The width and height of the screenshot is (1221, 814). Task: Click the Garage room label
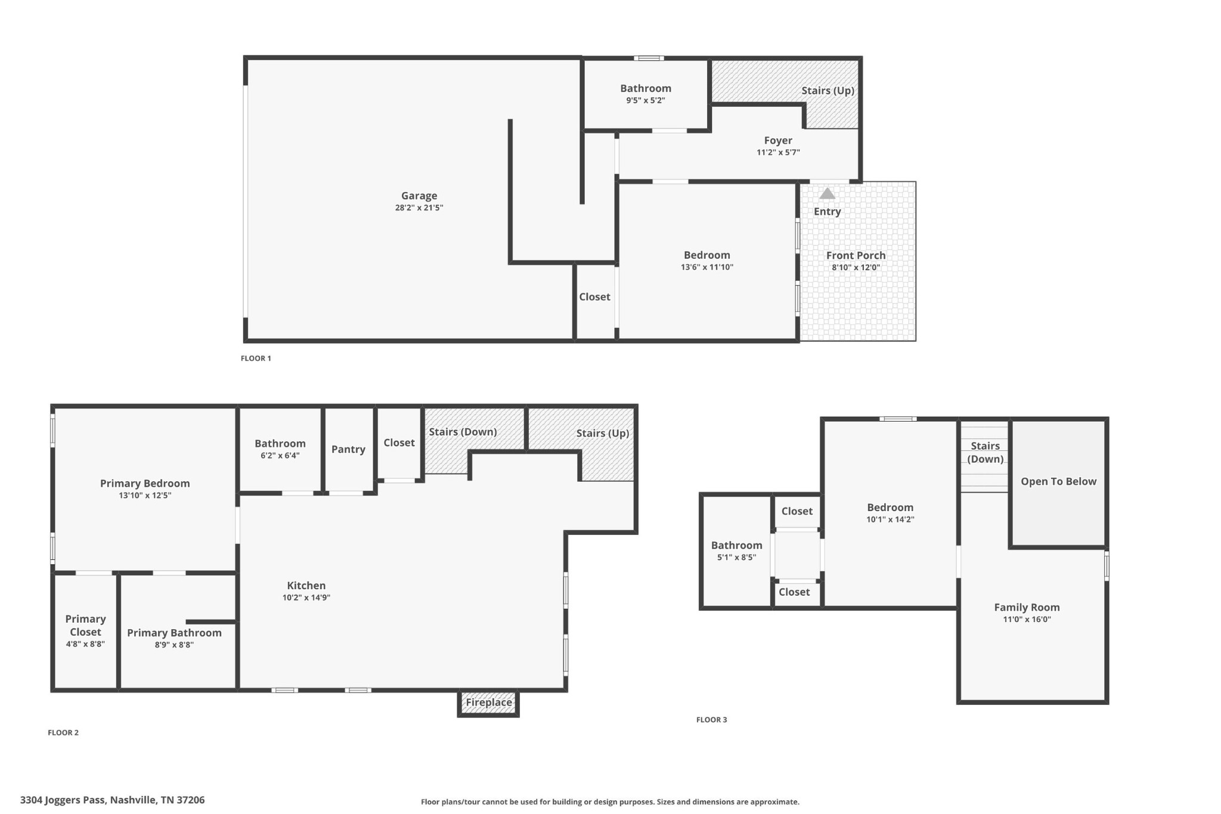(419, 196)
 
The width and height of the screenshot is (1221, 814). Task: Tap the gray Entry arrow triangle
(827, 193)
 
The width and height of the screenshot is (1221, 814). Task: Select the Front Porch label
(856, 255)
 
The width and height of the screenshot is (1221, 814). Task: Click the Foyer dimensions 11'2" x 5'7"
(778, 152)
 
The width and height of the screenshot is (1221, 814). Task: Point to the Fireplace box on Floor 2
(488, 702)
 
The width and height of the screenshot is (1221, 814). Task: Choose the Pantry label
(348, 450)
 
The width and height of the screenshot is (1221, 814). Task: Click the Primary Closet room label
(85, 626)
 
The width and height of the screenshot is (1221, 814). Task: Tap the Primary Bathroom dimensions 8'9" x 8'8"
(174, 645)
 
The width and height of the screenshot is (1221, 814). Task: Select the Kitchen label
(306, 586)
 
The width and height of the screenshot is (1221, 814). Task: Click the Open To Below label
(1058, 481)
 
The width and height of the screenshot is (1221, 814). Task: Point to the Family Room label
(1027, 607)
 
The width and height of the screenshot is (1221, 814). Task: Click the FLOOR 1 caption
(256, 358)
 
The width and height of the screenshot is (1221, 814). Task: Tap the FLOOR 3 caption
(712, 720)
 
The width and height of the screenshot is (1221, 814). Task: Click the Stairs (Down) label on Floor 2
(463, 432)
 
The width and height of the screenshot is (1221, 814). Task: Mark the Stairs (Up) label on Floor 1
(828, 91)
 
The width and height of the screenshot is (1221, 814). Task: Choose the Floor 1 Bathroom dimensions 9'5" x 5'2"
(646, 100)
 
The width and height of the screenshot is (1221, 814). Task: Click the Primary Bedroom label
(145, 484)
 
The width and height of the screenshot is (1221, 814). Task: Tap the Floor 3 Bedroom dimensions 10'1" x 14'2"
(890, 519)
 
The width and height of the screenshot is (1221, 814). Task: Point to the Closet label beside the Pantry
(399, 442)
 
